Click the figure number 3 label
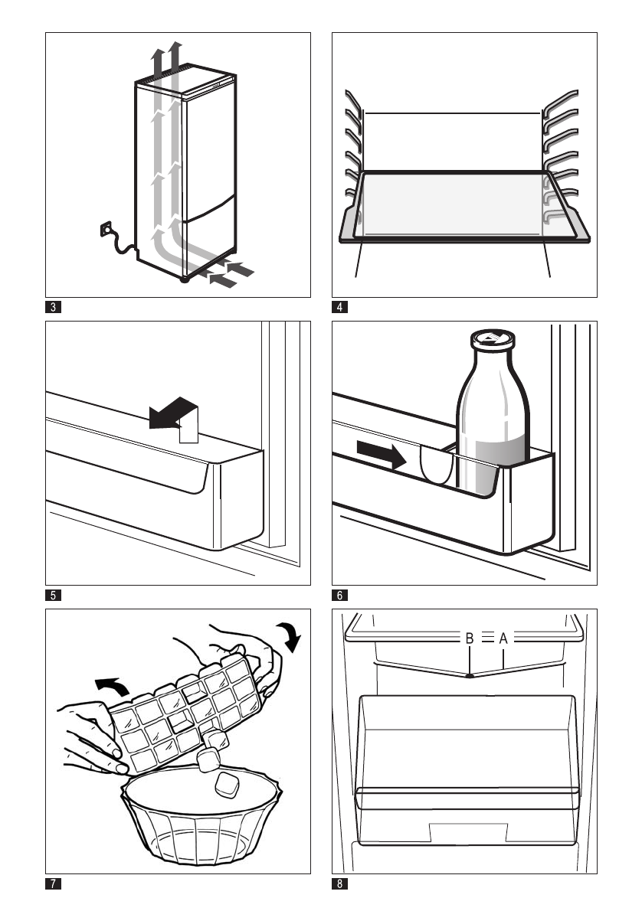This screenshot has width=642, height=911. [53, 308]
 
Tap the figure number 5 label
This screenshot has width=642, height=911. [53, 593]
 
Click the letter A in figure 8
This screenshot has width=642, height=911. [503, 637]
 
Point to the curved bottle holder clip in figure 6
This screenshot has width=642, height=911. [434, 464]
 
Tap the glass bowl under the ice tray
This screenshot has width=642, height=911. [201, 823]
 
